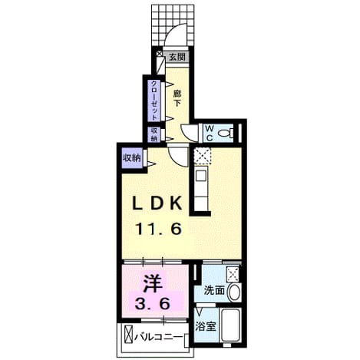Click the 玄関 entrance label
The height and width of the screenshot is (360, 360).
[177, 57]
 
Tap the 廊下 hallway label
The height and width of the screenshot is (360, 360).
[177, 98]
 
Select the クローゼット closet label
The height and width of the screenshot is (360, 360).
[154, 101]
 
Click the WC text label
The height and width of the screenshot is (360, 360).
[210, 133]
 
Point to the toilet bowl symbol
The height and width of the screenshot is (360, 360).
[226, 133]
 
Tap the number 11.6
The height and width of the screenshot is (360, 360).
[159, 229]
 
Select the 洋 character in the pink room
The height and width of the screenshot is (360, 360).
[153, 283]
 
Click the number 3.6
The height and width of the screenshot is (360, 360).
[153, 304]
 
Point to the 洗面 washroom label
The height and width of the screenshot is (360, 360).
[214, 290]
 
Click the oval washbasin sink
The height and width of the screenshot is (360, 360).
[234, 292]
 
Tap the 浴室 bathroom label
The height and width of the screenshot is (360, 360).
[206, 326]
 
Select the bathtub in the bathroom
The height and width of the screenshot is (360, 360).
[231, 325]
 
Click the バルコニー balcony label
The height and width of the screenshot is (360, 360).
[159, 337]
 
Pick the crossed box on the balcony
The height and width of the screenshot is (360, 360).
[129, 334]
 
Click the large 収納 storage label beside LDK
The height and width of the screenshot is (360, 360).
[132, 158]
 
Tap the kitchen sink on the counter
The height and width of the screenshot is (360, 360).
[201, 176]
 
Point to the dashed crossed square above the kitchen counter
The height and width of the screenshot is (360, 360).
[203, 156]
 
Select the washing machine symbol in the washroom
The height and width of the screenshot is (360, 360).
[233, 274]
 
